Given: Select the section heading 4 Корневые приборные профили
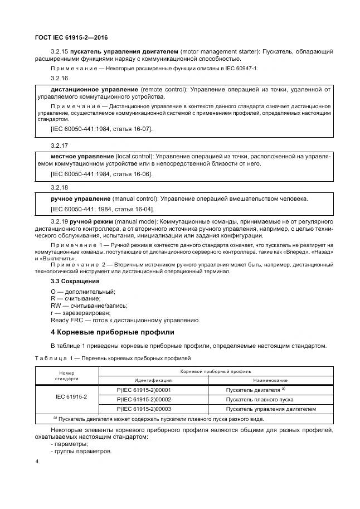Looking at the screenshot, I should [113, 332].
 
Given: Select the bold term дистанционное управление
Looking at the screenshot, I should [94, 89].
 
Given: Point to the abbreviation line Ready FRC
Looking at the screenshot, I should [124, 320].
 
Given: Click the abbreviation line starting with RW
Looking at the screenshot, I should [89, 306].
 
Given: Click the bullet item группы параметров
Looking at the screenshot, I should [81, 451].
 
